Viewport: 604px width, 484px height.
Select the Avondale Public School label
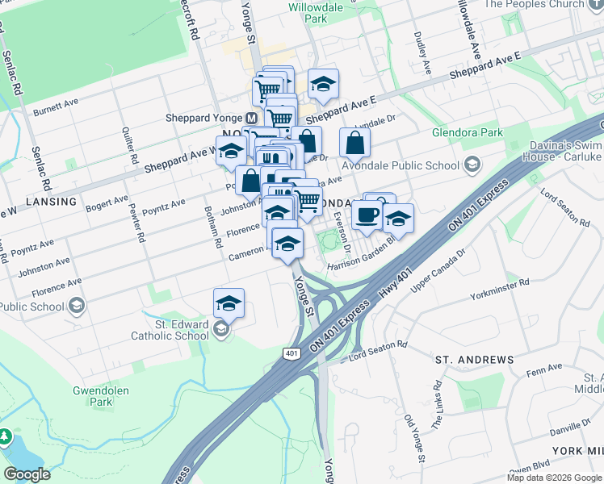coord(401,166)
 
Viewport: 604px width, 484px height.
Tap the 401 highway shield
coord(292,353)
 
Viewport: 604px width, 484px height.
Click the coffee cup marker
coord(367,215)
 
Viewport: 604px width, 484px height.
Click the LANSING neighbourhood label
coord(51,201)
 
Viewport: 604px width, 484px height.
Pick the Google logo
coord(27,474)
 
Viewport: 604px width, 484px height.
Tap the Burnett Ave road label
coord(56,106)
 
